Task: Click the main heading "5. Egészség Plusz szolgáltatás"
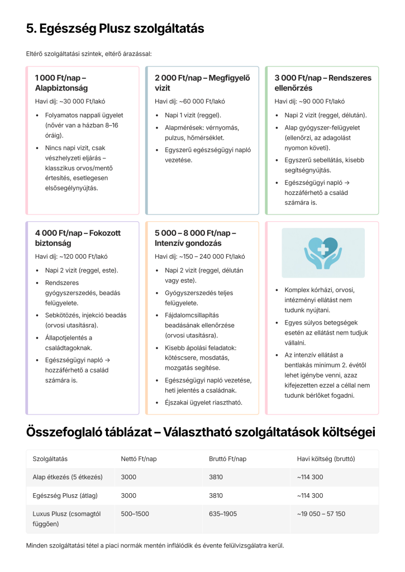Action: point(115,28)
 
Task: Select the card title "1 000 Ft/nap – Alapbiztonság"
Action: point(61,83)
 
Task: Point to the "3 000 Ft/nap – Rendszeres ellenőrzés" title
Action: point(322,83)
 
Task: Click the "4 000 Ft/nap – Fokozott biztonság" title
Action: point(78,238)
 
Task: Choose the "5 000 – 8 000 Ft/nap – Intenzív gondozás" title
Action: point(195,238)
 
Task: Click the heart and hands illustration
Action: point(323,253)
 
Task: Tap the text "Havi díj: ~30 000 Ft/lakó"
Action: point(70,102)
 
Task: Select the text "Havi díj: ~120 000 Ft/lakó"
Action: point(71,257)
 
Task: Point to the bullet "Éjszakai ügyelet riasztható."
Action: point(203,402)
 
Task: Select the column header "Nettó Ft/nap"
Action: point(139,459)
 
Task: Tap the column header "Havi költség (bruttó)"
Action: point(326,459)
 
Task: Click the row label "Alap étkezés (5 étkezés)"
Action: point(68,477)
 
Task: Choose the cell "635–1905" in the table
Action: point(222,513)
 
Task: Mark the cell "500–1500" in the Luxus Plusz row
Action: point(135,513)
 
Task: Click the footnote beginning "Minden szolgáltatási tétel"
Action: point(155,545)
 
